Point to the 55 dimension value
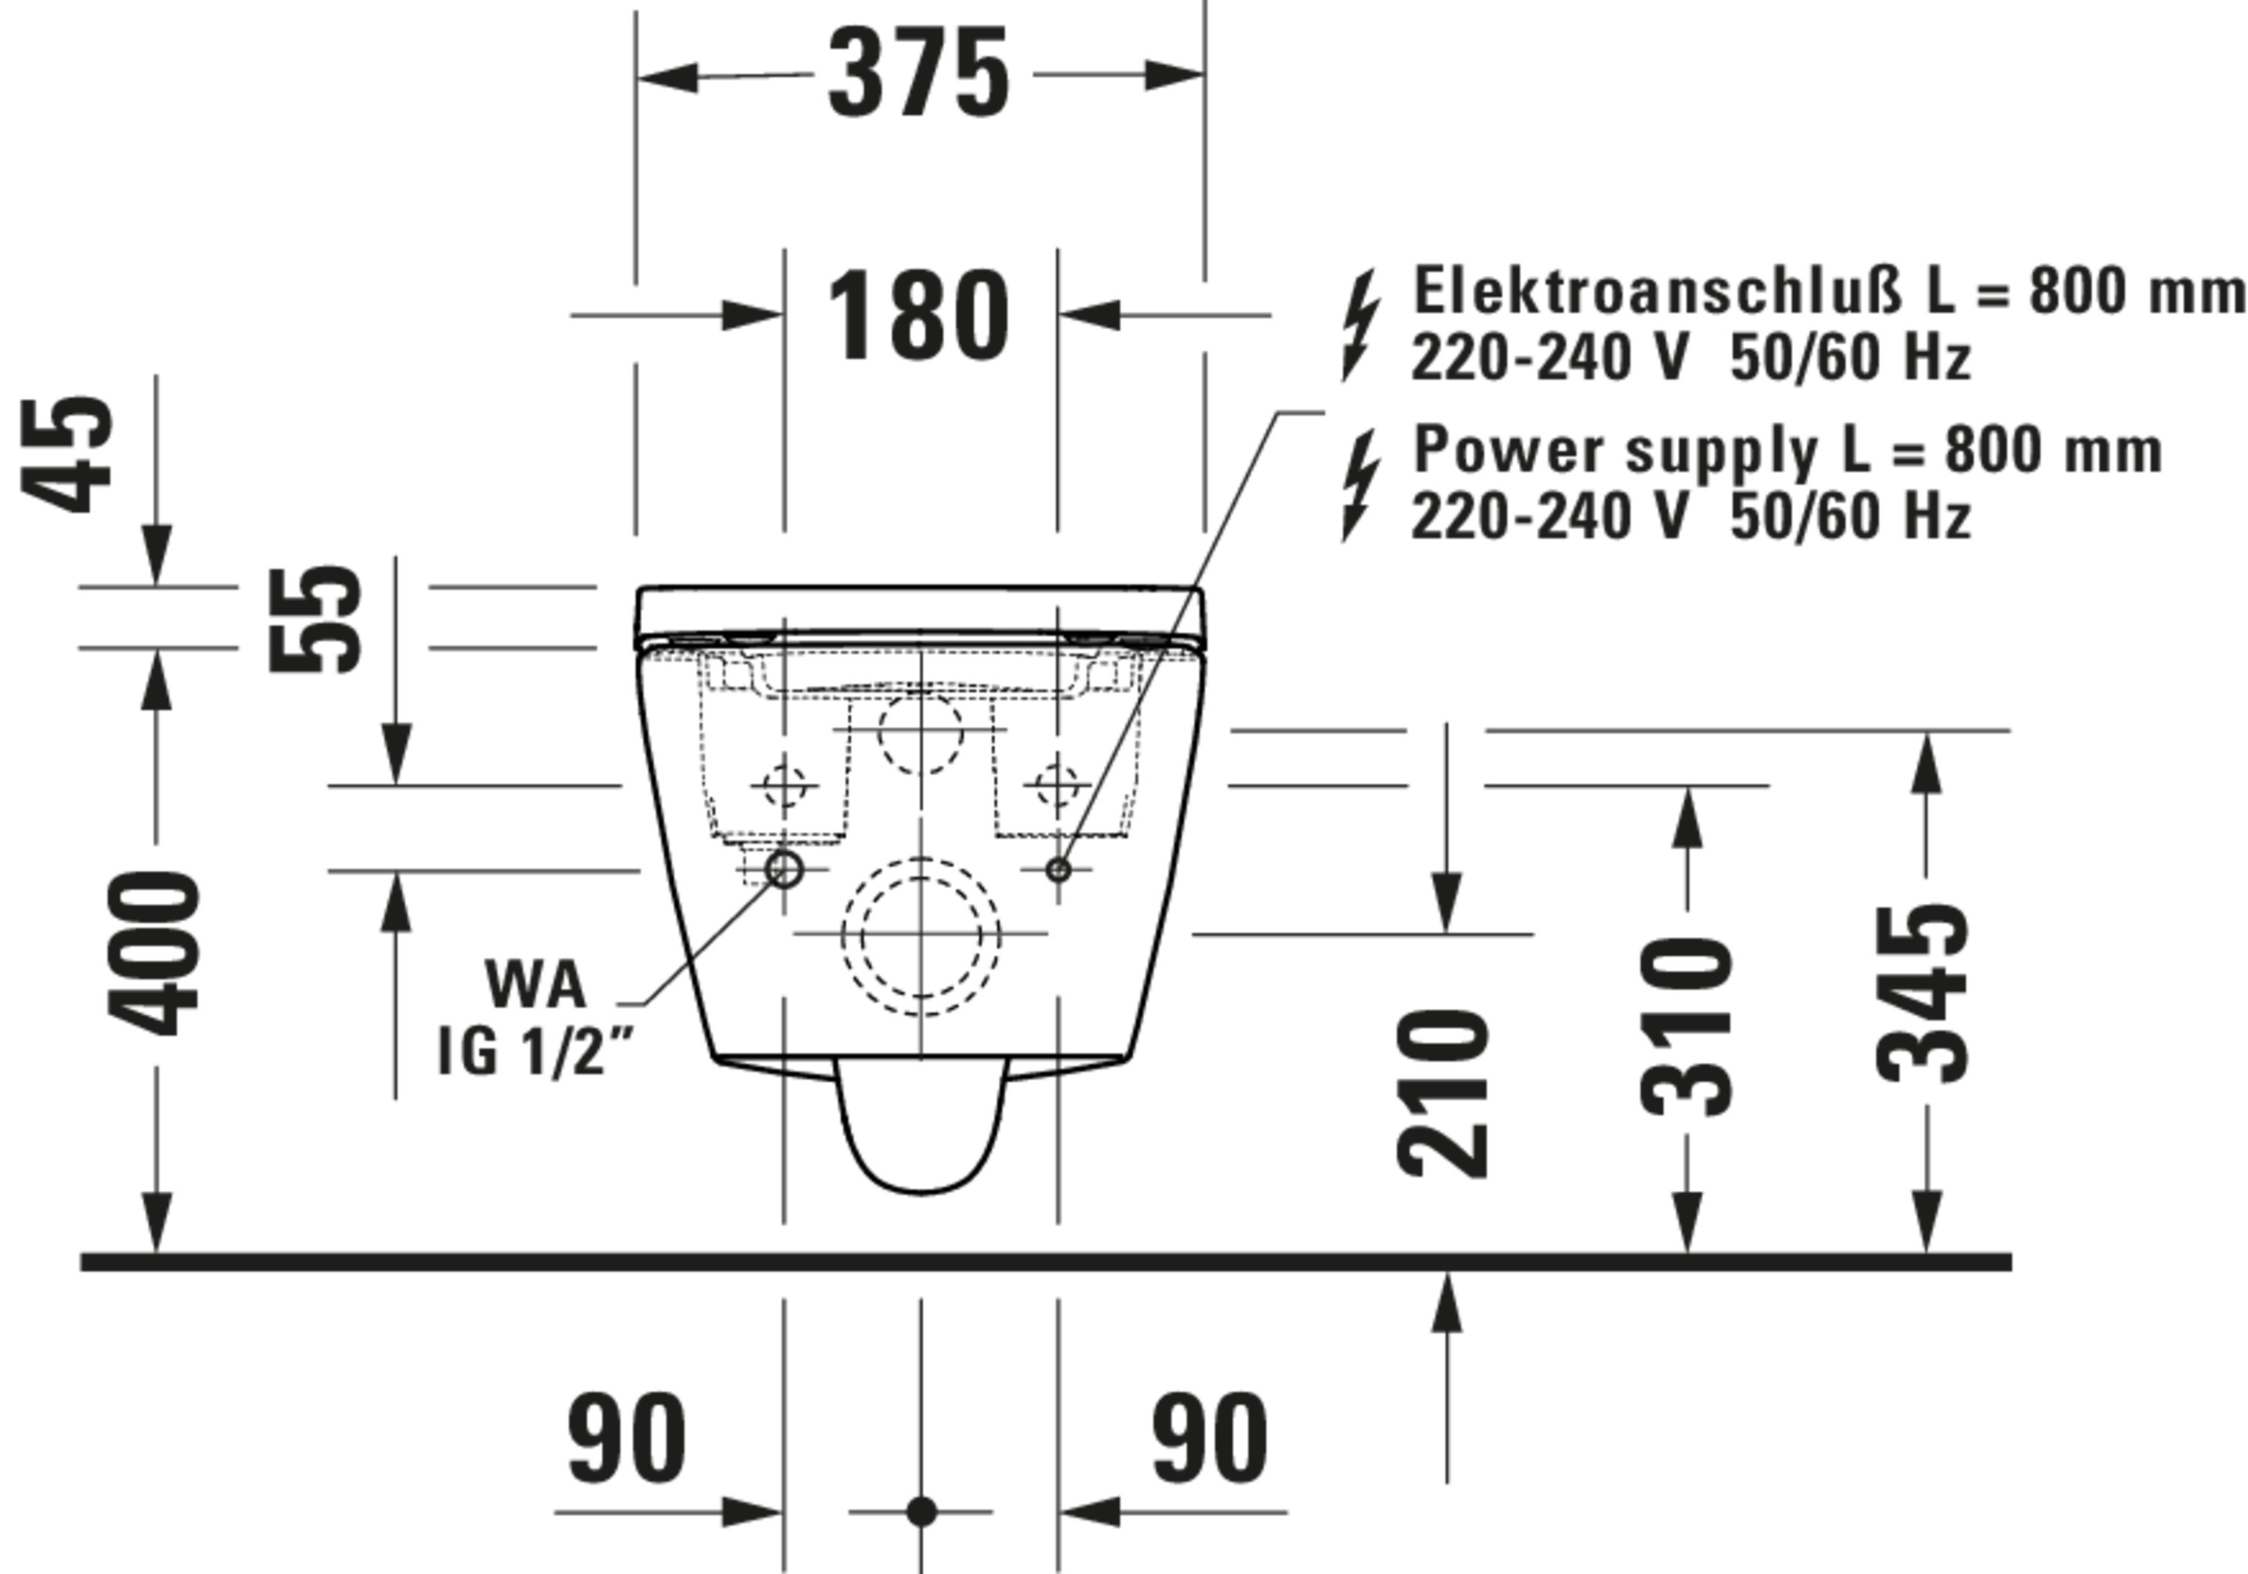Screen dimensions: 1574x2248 (x=315, y=619)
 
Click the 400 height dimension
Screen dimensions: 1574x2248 (x=154, y=953)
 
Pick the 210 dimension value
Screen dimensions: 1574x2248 (x=1443, y=1094)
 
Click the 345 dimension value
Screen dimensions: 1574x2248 (x=1923, y=994)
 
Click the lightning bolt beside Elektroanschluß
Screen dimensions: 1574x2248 (x=1360, y=325)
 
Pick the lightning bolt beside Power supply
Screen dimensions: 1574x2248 (x=1360, y=485)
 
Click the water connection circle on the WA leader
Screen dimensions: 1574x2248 (x=785, y=869)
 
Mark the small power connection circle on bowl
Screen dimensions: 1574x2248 (x=1057, y=869)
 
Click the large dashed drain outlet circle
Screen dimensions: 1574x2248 (x=920, y=935)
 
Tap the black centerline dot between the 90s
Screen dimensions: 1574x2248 (x=920, y=1511)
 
